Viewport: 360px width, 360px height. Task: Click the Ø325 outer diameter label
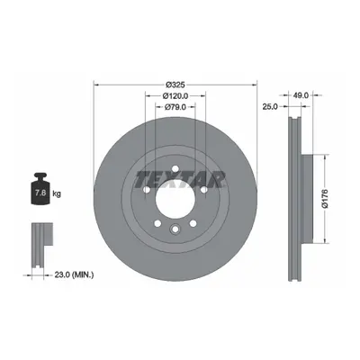pos(175,85)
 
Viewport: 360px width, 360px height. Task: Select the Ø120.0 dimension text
pos(175,96)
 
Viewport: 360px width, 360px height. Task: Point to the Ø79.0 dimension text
pos(175,107)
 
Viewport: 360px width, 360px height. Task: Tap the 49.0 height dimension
pos(301,95)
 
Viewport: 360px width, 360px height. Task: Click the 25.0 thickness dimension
pos(270,106)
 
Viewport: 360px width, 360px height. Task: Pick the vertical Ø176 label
pos(326,199)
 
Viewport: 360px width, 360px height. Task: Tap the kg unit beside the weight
pos(57,193)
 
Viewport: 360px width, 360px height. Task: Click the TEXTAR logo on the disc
pos(180,179)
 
